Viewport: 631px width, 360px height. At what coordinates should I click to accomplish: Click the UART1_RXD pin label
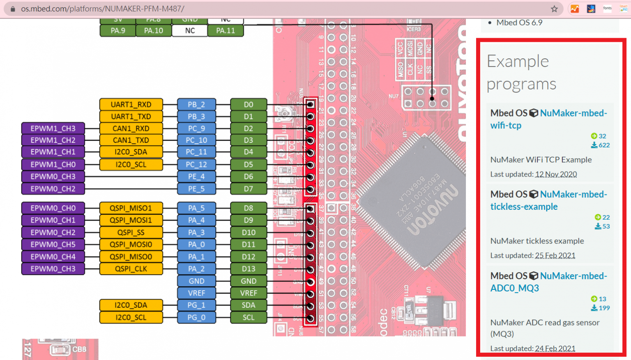[x=131, y=104]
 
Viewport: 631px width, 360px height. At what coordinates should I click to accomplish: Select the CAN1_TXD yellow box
[x=131, y=140]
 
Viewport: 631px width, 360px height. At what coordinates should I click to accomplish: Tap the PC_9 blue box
[x=196, y=128]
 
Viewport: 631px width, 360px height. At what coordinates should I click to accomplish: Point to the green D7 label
[x=249, y=189]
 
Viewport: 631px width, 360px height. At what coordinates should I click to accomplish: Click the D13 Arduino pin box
[x=249, y=269]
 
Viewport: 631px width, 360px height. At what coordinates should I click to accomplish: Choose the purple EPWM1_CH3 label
[x=53, y=128]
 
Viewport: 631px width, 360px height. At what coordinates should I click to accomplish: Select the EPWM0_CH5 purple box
[x=53, y=245]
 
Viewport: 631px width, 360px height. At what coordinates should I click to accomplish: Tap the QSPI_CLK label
[x=131, y=269]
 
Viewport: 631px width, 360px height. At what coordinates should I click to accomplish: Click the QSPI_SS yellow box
[x=131, y=232]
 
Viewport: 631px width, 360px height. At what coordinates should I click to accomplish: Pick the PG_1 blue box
[x=196, y=305]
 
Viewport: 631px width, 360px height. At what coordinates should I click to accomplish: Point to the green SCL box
[x=249, y=317]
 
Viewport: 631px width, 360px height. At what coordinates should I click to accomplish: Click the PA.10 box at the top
[x=154, y=30]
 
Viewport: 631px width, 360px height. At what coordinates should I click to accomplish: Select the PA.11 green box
[x=226, y=30]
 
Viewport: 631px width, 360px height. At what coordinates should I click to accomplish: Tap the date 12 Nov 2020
[x=556, y=174]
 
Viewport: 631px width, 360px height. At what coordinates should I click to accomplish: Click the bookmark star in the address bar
[x=554, y=9]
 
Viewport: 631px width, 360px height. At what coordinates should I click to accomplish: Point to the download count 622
[x=604, y=145]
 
